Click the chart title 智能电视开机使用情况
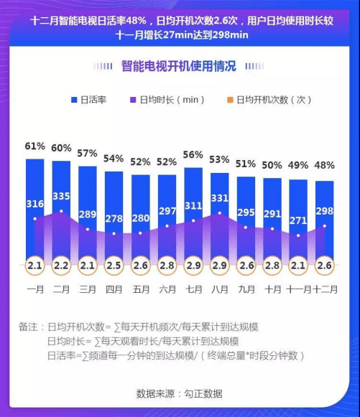(180, 66)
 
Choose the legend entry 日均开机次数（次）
(273, 100)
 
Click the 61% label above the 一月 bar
(34, 146)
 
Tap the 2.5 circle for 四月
(114, 266)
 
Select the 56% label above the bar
(193, 154)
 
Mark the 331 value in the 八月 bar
(219, 198)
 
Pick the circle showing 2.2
(61, 266)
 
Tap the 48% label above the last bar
(325, 166)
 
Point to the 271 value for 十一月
(298, 220)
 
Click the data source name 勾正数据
(203, 393)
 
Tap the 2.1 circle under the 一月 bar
(34, 266)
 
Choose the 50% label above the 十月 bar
(272, 165)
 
